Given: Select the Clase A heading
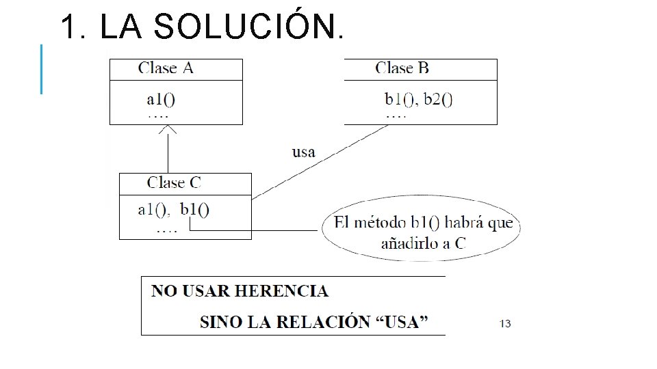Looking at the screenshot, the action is coord(166,68).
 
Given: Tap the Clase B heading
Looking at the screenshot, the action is coord(402,68).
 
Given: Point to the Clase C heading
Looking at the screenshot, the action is coord(174,183).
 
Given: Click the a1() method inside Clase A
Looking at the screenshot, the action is coord(161,99).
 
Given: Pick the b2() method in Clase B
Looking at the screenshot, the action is coord(438,99).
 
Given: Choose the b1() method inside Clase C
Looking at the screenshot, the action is coord(195,210).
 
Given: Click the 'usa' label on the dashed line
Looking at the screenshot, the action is coord(304,152).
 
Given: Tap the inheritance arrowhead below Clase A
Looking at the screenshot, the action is coord(168,129).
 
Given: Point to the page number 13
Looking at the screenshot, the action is coord(505,323).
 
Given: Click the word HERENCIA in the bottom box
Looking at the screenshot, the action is coord(281,291).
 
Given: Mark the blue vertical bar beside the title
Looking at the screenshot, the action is coord(42,68).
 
